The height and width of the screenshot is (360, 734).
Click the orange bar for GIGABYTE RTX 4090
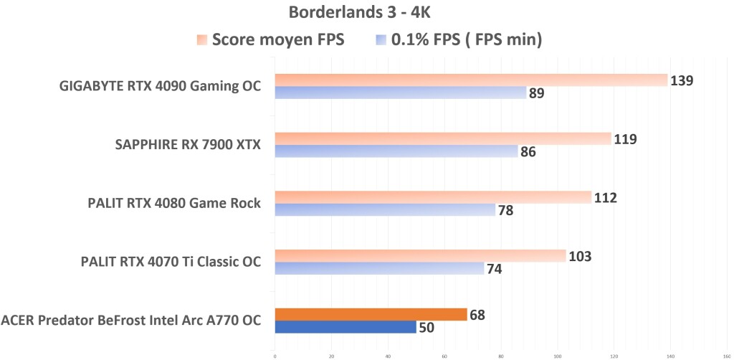click(x=471, y=80)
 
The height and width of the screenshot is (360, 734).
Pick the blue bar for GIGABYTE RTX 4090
click(x=401, y=93)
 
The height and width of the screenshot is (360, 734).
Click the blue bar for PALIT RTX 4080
click(x=385, y=209)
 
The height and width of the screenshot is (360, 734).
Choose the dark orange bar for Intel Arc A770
click(x=371, y=314)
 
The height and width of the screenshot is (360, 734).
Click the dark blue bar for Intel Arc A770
click(x=345, y=327)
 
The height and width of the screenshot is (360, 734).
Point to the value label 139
click(x=681, y=80)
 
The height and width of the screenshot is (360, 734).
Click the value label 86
click(x=528, y=152)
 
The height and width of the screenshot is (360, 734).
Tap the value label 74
click(x=494, y=270)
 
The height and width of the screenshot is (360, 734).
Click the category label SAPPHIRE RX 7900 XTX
click(x=188, y=146)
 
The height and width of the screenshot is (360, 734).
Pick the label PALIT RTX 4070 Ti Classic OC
click(x=171, y=262)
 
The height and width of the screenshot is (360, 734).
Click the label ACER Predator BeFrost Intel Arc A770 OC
click(x=131, y=321)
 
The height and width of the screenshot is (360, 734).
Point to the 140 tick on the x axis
click(x=671, y=354)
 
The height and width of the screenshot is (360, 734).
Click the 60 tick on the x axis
click(x=444, y=354)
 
